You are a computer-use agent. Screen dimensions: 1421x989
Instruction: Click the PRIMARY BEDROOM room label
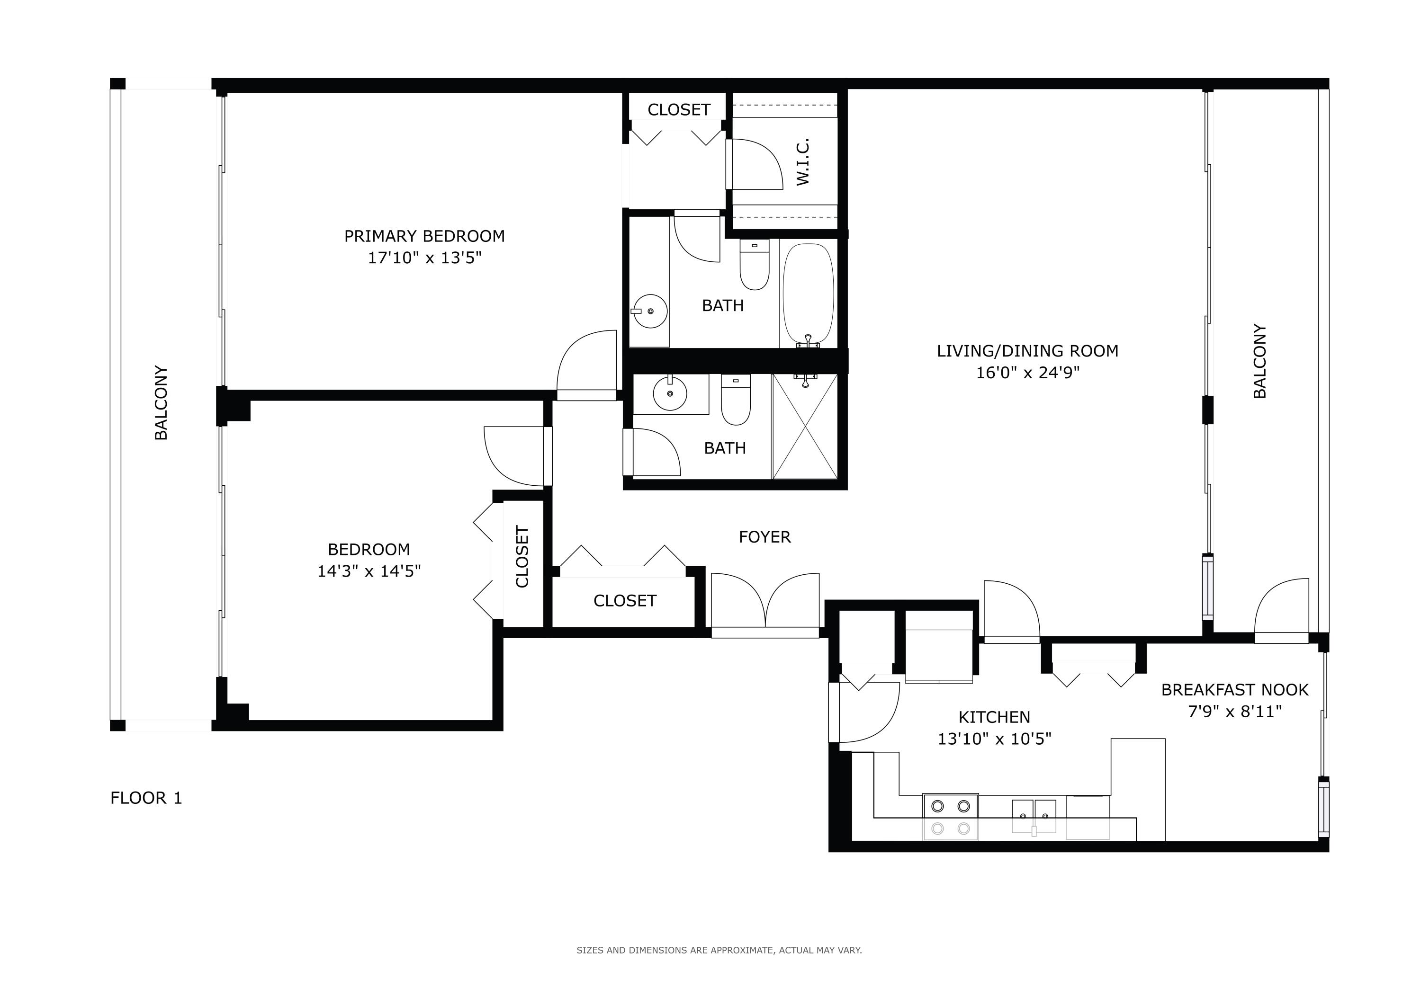[x=424, y=236]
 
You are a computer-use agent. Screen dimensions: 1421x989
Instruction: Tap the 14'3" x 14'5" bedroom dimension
[x=369, y=571]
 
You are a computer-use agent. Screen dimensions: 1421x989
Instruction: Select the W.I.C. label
[x=803, y=162]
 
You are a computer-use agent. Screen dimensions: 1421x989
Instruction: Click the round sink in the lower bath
[x=670, y=393]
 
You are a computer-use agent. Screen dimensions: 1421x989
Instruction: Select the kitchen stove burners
[x=951, y=817]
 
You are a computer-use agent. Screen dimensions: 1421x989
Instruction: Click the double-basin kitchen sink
[x=1034, y=817]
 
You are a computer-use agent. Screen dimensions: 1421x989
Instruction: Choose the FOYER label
[x=764, y=537]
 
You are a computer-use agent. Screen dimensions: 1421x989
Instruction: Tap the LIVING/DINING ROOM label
[x=1027, y=351]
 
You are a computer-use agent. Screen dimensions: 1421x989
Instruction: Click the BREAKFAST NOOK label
[x=1235, y=690]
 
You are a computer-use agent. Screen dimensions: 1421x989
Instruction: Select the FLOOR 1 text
[x=146, y=798]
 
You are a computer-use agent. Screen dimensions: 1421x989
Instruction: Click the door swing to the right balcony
[x=1281, y=609]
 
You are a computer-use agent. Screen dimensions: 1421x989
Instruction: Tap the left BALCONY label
[x=161, y=402]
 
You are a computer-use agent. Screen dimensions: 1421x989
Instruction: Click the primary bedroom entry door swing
[x=587, y=365]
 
